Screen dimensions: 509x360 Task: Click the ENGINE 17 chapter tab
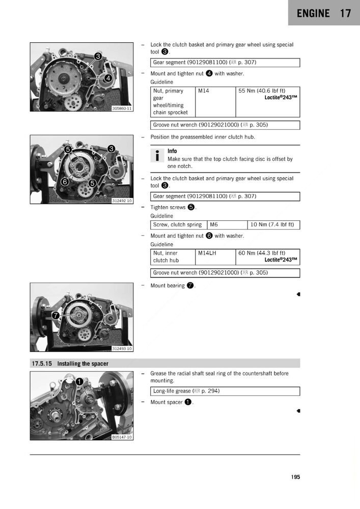click(x=324, y=13)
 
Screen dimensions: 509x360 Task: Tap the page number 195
click(x=295, y=477)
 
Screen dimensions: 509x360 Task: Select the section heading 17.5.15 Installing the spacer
click(x=70, y=363)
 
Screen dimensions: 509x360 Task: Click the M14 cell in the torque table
click(x=204, y=91)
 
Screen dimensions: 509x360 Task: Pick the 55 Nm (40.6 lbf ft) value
click(x=262, y=91)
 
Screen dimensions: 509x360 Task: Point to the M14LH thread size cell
click(x=207, y=253)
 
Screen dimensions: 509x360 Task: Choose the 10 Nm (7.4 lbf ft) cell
click(x=273, y=224)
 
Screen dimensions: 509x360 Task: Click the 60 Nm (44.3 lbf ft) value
click(x=262, y=253)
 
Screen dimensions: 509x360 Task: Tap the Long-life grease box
click(x=225, y=391)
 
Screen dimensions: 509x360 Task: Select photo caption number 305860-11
click(x=122, y=108)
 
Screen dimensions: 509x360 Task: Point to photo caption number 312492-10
click(x=122, y=201)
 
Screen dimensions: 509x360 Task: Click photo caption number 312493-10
click(x=122, y=349)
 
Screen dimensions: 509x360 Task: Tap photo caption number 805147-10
click(x=122, y=437)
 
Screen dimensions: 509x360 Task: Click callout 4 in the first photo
click(x=108, y=78)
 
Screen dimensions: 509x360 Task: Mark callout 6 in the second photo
click(x=65, y=182)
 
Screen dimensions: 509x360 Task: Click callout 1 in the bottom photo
click(x=80, y=381)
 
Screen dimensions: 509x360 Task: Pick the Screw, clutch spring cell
click(x=177, y=224)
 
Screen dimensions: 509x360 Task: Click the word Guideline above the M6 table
click(x=161, y=216)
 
